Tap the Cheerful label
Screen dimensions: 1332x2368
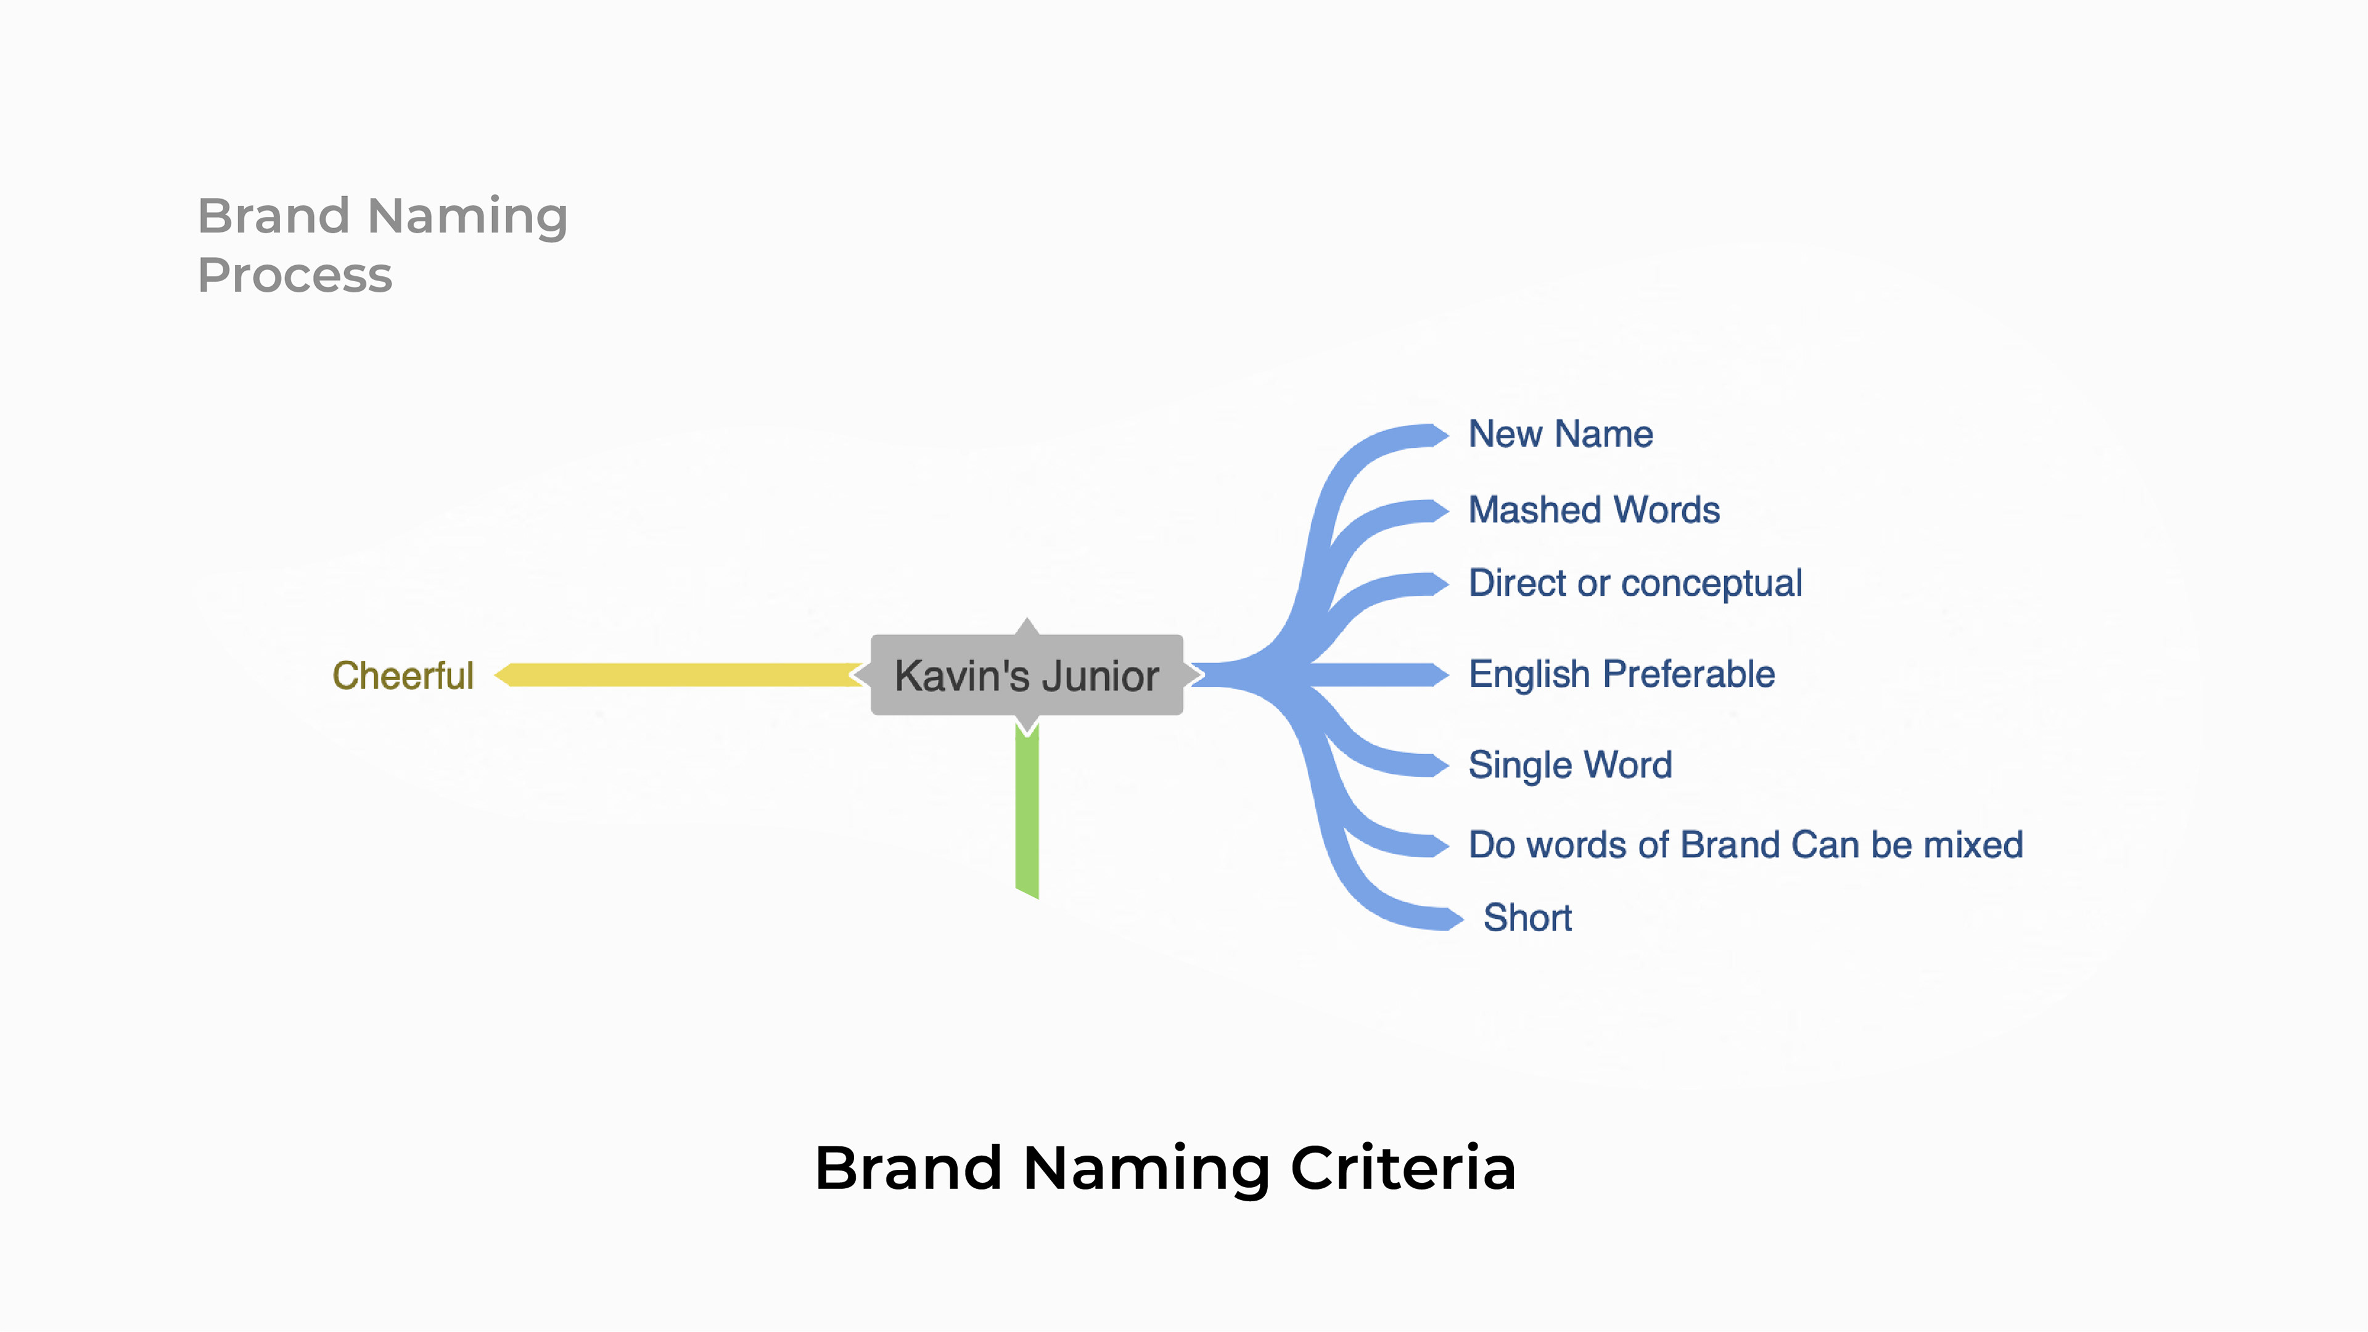click(x=403, y=676)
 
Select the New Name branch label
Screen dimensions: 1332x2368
click(x=1560, y=434)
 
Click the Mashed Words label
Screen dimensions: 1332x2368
click(x=1593, y=509)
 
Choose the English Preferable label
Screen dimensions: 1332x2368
click(x=1621, y=674)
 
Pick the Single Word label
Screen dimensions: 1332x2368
click(x=1569, y=765)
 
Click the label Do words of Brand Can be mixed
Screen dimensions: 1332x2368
click(x=1745, y=845)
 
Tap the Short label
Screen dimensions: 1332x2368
click(x=1527, y=918)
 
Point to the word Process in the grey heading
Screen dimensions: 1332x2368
click(x=295, y=276)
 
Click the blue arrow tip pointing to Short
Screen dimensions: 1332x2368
click(x=1452, y=918)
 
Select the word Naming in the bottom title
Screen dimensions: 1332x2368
click(x=1145, y=1169)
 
